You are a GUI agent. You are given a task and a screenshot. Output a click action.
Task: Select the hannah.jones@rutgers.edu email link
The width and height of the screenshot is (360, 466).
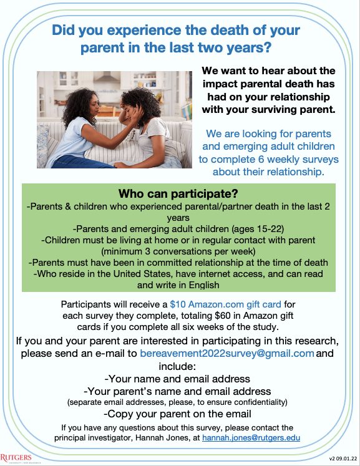pyautogui.click(x=251, y=438)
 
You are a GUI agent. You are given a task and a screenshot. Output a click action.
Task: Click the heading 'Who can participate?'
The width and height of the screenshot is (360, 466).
pyautogui.click(x=180, y=193)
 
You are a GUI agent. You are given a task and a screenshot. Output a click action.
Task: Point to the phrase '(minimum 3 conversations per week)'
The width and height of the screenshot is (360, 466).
pyautogui.click(x=180, y=250)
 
